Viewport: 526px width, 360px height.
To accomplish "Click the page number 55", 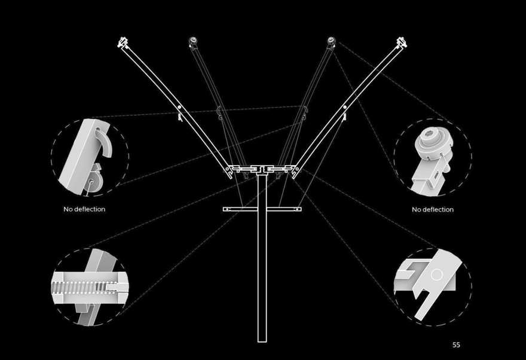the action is tap(456, 344).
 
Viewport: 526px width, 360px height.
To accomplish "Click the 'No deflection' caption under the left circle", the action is tap(84, 209).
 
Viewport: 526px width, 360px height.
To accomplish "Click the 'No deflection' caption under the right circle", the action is tap(433, 209).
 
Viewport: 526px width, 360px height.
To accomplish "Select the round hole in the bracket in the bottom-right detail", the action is tap(436, 274).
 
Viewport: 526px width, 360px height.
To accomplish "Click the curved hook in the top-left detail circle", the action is tap(104, 142).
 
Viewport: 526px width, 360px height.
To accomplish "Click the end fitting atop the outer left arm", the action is tap(123, 42).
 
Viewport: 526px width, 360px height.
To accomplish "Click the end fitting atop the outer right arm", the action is tap(402, 42).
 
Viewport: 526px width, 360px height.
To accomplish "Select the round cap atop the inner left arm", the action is tap(193, 41).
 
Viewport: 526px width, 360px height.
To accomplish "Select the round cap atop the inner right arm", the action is tap(331, 41).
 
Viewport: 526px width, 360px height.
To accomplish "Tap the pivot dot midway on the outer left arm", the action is tap(179, 107).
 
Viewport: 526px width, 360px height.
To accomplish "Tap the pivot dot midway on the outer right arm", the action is tap(345, 107).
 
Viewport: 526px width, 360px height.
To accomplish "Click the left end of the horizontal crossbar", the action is tap(224, 209).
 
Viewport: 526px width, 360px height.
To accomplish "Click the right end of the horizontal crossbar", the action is tap(301, 209).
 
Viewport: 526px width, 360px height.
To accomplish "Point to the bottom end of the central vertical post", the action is tap(262, 342).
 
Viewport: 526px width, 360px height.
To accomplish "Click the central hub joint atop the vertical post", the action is tap(262, 169).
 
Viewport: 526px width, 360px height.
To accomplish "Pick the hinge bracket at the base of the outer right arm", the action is tap(295, 171).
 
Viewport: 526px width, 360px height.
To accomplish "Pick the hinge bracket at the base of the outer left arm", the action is tap(229, 171).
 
